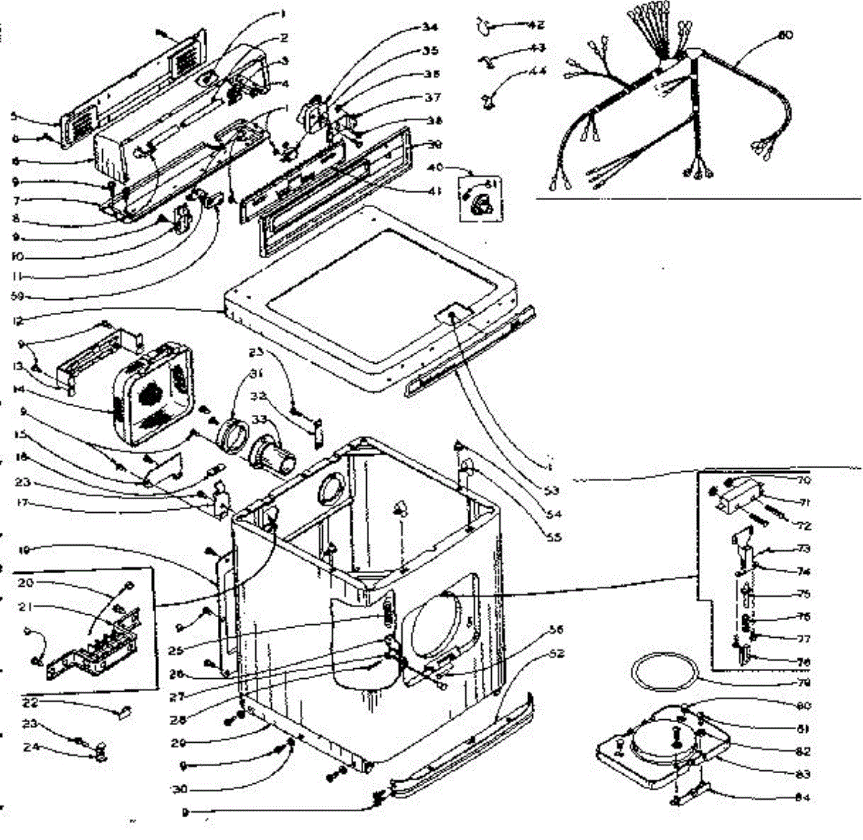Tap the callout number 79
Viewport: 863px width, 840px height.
pyautogui.click(x=804, y=682)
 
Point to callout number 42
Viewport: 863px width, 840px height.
pyautogui.click(x=536, y=25)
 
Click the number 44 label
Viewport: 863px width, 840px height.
pyautogui.click(x=537, y=71)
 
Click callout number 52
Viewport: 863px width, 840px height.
pyautogui.click(x=557, y=653)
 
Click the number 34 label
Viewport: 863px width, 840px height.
pyautogui.click(x=430, y=28)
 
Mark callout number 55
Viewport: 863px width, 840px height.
pyautogui.click(x=554, y=537)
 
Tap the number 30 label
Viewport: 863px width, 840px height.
pyautogui.click(x=179, y=789)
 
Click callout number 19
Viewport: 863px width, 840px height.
pyautogui.click(x=24, y=551)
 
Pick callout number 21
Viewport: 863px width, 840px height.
pyautogui.click(x=27, y=607)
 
